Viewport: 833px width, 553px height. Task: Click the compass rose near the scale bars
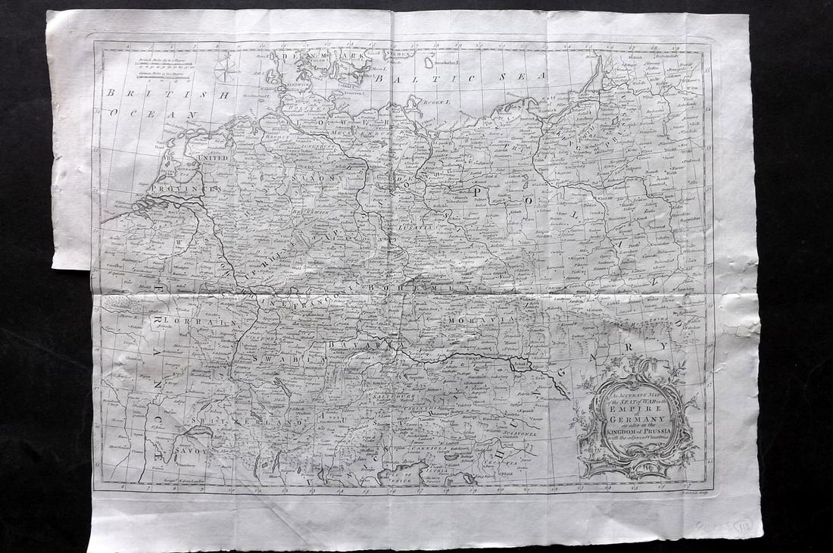point(225,70)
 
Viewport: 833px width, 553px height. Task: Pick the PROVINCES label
point(183,187)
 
